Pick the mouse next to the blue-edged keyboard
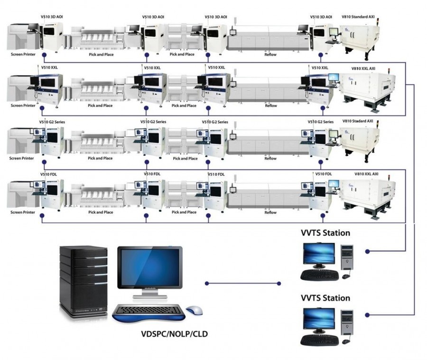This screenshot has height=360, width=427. coord(194,310)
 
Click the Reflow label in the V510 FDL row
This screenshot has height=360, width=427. coord(270,212)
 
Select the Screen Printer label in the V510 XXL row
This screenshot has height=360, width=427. coord(23,105)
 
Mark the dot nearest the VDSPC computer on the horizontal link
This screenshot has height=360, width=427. coord(207,284)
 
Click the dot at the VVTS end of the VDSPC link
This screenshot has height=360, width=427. coord(279,284)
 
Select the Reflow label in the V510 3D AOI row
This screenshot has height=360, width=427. coord(270,55)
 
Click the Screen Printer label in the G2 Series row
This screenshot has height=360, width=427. coord(23,158)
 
